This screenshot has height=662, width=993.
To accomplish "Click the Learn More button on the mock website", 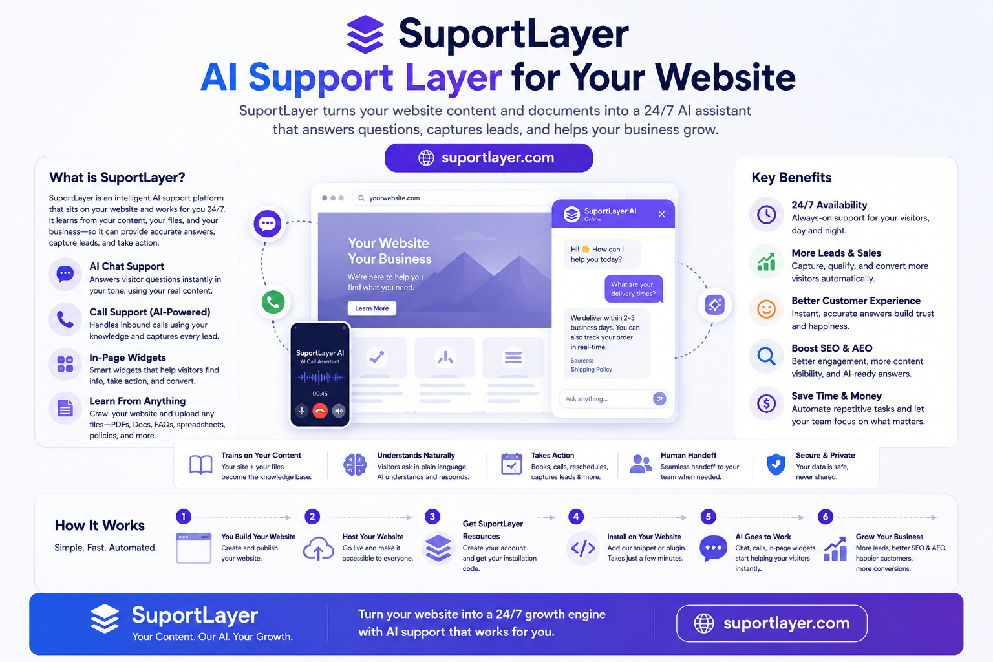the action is pos(372,308).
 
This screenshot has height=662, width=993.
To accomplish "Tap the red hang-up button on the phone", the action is pos(319,411).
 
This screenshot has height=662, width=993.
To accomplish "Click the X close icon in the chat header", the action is pos(661,214).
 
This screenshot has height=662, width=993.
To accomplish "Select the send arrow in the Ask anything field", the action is pos(659,399).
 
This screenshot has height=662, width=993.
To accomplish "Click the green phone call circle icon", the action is pos(273,302).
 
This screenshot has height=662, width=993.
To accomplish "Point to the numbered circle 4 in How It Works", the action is pos(576,517).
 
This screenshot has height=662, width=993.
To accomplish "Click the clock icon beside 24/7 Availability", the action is pos(766,215).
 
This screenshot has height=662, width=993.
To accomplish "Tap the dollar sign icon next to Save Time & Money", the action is pos(766,403).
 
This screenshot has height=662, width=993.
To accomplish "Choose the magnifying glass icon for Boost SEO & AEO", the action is pos(766,356).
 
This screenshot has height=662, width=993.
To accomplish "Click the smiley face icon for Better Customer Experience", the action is pos(766,308).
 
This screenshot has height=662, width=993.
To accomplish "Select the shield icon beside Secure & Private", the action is pos(776,464).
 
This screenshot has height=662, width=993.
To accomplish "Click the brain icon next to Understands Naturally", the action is pos(355,465).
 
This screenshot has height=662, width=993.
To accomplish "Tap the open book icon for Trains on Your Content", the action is pos(201,465).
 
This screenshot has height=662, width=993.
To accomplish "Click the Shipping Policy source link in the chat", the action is pos(591,369).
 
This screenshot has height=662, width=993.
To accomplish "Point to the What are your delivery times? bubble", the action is pos(634,289).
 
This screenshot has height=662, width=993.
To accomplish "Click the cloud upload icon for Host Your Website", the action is pos(318,548).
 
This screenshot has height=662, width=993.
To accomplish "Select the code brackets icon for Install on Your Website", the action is pos(583,548).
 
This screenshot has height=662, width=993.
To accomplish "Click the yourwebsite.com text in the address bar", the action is pos(394,198).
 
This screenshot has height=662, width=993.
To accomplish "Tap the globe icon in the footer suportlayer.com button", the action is pos(704,623).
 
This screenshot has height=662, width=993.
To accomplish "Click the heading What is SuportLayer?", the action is pos(117,177).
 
